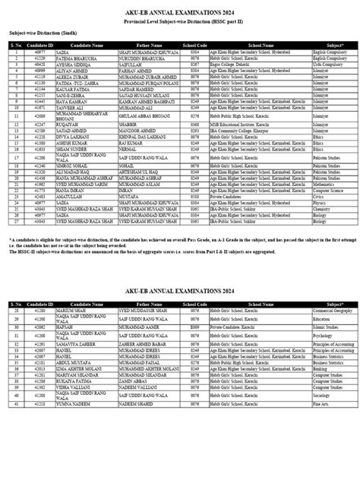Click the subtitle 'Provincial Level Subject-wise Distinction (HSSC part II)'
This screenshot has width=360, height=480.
pos(180,24)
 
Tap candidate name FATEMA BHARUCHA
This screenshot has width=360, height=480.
pos(72,57)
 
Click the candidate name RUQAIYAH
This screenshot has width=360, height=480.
pos(66,125)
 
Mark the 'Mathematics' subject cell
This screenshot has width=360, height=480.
pos(326,183)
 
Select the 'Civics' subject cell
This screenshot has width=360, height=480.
pos(320,195)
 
